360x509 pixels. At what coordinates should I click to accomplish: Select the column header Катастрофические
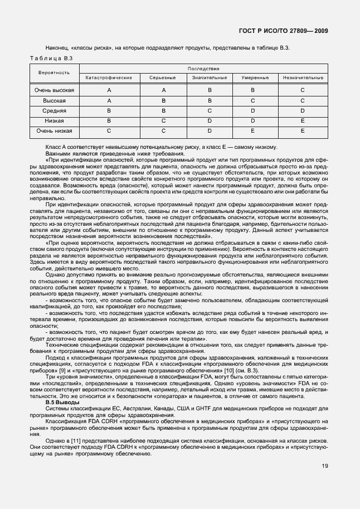click(109, 77)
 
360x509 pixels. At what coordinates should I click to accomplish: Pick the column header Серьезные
click(163, 77)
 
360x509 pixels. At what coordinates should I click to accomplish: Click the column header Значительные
click(209, 77)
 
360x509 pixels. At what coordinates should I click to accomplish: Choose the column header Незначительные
click(303, 77)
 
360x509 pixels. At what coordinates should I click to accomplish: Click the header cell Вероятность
click(55, 73)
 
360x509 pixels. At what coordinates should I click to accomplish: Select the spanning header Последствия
click(204, 68)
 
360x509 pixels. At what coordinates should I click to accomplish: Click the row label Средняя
click(55, 111)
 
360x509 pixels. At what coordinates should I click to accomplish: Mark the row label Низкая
click(55, 121)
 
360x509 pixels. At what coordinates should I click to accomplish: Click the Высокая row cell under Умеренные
click(252, 101)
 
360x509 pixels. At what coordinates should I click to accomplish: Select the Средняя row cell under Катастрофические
click(109, 111)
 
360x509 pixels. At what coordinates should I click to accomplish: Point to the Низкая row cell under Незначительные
click(303, 121)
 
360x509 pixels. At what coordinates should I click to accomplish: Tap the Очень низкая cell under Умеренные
click(252, 131)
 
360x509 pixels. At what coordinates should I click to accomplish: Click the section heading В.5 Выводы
click(62, 402)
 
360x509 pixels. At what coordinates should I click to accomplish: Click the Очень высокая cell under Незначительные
click(303, 90)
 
